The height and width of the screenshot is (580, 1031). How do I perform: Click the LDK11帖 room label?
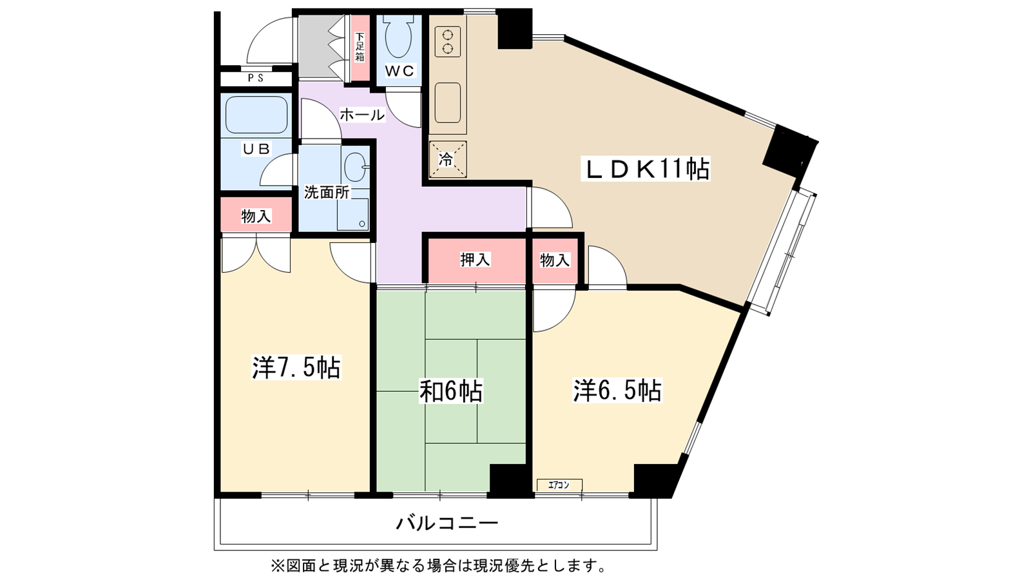point(645,169)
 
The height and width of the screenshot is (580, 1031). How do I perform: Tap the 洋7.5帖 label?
point(296,367)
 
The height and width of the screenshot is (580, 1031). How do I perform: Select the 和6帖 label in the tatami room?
point(451,391)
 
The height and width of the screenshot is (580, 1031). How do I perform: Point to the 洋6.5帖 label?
point(617,391)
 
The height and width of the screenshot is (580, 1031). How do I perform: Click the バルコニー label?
point(447,522)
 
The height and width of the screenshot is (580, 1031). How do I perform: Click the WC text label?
point(400,71)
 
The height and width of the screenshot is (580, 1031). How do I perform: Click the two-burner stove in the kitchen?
point(447,41)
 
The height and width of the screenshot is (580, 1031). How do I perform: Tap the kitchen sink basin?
point(448,102)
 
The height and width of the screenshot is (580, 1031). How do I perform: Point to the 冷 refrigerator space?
point(447,159)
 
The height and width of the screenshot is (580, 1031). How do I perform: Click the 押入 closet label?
point(475,260)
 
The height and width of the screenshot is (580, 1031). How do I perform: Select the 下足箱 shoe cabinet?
point(360,47)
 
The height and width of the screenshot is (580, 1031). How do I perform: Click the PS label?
point(256,78)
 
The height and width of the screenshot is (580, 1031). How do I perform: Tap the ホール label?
point(361,115)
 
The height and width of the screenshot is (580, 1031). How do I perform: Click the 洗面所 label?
point(326,192)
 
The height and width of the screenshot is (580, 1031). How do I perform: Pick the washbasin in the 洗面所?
point(355,168)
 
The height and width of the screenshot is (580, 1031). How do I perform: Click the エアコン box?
point(559,485)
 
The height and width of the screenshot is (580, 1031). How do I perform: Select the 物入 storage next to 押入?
point(555,260)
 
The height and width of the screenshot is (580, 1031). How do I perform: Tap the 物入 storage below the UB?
point(256,216)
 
